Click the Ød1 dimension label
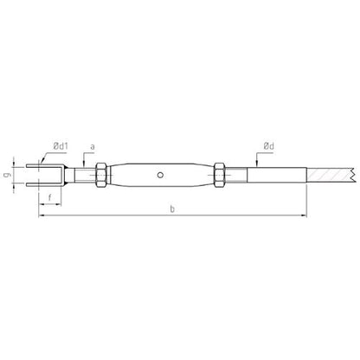tap(61, 146)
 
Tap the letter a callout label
tap(93, 147)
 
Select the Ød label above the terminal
tap(268, 146)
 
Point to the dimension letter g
tap(8, 175)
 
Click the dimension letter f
tap(49, 197)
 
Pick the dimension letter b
tap(172, 209)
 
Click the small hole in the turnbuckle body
tap(160, 175)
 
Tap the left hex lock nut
tap(101, 175)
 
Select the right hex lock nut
tap(219, 175)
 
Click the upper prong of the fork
tap(44, 166)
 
